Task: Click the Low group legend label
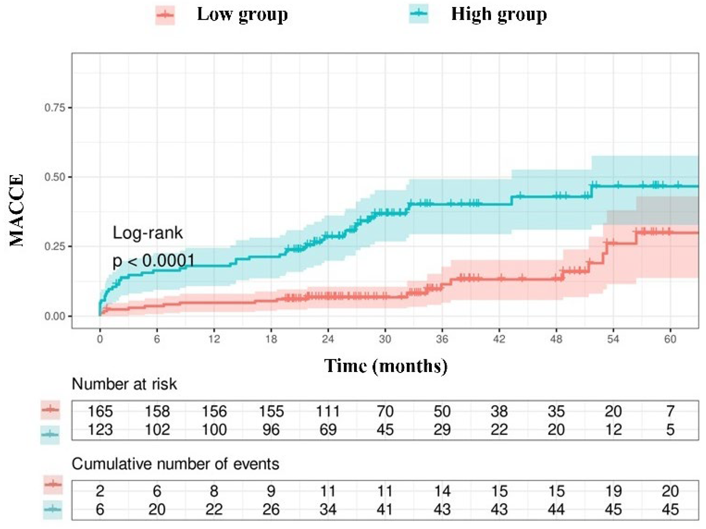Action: tap(242, 15)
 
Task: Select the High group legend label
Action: tap(499, 15)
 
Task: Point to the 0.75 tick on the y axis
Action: tap(54, 108)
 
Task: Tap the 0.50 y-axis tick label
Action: tap(54, 177)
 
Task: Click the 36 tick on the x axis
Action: tap(442, 339)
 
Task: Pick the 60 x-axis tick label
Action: tap(670, 339)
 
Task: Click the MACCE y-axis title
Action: tap(17, 211)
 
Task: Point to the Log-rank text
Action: tap(147, 233)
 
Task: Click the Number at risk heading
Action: tap(124, 384)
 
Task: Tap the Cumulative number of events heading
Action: tap(175, 464)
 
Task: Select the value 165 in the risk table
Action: tap(100, 411)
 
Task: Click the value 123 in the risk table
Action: tap(100, 429)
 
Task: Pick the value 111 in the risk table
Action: tap(328, 411)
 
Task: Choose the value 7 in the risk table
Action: tap(670, 411)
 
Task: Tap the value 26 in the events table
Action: tap(271, 509)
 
